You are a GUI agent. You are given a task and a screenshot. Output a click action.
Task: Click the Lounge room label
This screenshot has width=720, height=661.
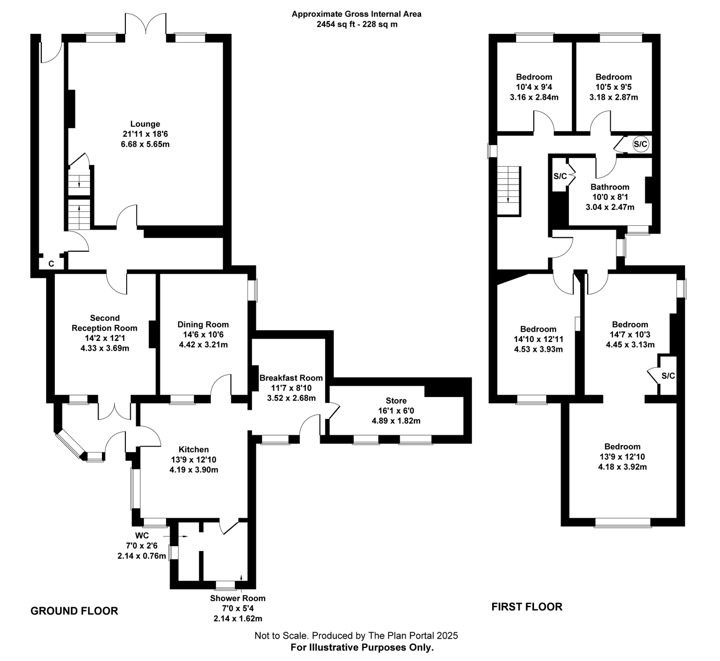click(x=145, y=124)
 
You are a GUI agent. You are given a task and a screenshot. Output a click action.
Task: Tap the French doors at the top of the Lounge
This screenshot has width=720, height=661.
click(x=146, y=24)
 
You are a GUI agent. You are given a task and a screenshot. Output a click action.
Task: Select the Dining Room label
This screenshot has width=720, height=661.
click(x=203, y=324)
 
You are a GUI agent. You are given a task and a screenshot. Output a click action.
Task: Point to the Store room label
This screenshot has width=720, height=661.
click(x=396, y=401)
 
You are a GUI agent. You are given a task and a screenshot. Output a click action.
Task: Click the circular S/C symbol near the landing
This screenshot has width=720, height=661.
click(x=640, y=144)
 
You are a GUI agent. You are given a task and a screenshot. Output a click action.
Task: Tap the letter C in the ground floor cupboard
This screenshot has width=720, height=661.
click(x=51, y=264)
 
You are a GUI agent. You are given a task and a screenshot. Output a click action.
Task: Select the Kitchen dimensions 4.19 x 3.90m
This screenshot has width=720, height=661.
click(x=194, y=469)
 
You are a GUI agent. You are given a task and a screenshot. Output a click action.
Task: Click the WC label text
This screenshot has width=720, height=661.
click(x=142, y=536)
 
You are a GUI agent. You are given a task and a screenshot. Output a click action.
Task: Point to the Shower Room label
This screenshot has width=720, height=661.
click(x=238, y=598)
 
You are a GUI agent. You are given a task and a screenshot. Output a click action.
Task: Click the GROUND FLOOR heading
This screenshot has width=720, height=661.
click(x=74, y=610)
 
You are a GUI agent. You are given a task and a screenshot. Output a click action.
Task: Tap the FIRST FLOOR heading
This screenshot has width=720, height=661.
click(x=527, y=607)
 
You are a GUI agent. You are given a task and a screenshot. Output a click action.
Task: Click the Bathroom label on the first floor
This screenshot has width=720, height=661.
click(x=610, y=187)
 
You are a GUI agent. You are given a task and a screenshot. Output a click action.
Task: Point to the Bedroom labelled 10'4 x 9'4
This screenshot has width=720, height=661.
click(x=534, y=77)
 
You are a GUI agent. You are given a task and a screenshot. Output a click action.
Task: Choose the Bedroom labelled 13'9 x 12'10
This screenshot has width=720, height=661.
click(x=622, y=446)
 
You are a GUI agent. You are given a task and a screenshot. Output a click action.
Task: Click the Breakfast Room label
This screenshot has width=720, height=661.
click(x=291, y=378)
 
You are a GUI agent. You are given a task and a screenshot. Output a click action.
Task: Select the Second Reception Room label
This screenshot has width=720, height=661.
click(x=104, y=323)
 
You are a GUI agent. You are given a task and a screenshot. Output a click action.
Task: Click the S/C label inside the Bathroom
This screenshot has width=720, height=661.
click(x=560, y=176)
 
